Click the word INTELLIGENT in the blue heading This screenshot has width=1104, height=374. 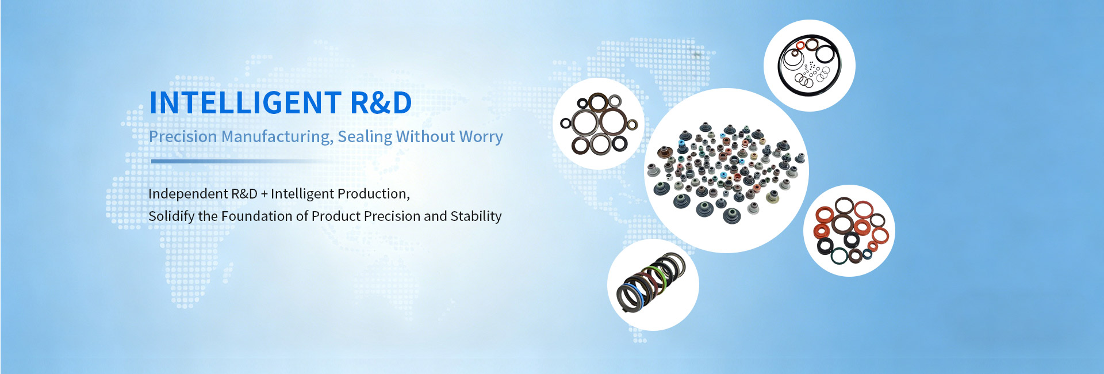(246, 103)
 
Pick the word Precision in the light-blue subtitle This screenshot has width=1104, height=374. (183, 136)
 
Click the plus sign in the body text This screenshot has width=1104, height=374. (264, 194)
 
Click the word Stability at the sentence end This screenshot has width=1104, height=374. (476, 216)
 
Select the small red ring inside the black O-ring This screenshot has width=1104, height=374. (800, 45)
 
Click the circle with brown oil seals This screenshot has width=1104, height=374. (599, 124)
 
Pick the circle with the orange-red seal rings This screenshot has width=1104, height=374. (849, 231)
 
